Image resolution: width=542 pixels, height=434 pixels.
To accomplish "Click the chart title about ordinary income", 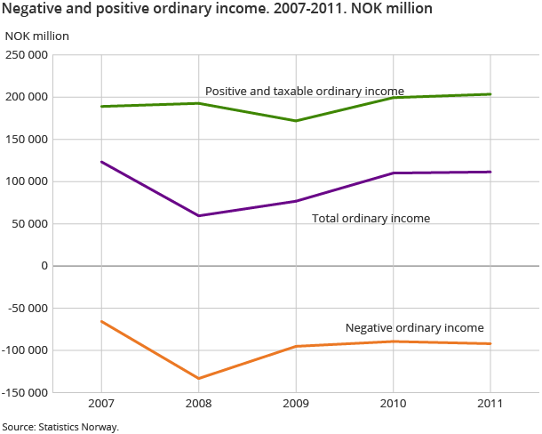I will click(x=218, y=10).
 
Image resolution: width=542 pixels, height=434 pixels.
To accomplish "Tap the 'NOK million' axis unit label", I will click(x=36, y=36).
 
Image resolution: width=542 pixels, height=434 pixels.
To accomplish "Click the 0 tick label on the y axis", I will click(x=43, y=266).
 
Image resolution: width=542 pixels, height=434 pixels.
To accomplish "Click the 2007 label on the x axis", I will click(x=101, y=404).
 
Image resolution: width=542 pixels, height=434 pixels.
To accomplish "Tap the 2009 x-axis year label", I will click(x=296, y=404).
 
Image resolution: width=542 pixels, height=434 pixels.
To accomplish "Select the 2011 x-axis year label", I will click(x=490, y=404).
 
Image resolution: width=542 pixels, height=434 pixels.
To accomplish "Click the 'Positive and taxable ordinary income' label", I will click(x=305, y=91).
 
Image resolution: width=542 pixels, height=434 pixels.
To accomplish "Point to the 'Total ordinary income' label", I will click(x=371, y=218).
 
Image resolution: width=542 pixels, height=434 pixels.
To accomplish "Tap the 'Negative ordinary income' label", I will click(x=414, y=327).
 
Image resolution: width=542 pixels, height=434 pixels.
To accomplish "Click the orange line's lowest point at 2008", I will click(x=199, y=378).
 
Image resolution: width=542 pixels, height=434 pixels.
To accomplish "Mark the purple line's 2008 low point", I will click(x=199, y=215).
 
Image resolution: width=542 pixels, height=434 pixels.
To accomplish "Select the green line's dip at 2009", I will click(x=296, y=121).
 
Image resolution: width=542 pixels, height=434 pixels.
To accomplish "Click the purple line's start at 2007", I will click(x=101, y=162).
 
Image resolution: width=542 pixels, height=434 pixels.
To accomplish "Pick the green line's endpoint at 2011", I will click(x=490, y=94).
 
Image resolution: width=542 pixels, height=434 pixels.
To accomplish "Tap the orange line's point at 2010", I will click(x=394, y=342).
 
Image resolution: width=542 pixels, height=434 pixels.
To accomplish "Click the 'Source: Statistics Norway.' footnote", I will click(x=60, y=426).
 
